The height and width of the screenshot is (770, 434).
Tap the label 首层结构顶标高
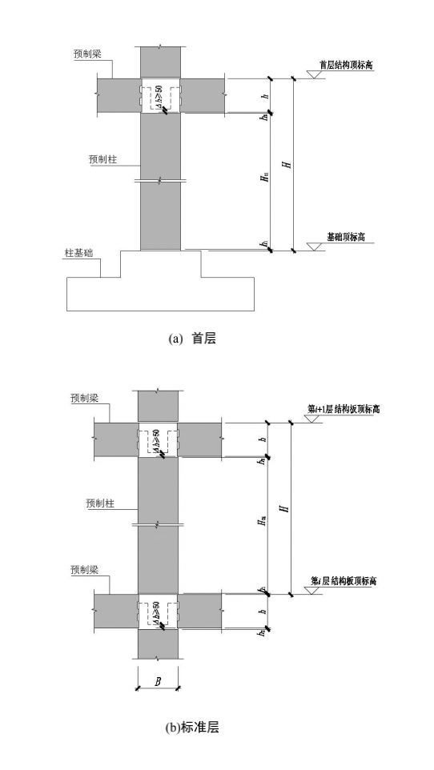[x=347, y=66]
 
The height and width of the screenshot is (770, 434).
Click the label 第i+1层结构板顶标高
[x=344, y=409]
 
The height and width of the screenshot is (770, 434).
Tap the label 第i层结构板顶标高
[x=344, y=580]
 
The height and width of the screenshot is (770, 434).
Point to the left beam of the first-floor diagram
[x=119, y=95]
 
